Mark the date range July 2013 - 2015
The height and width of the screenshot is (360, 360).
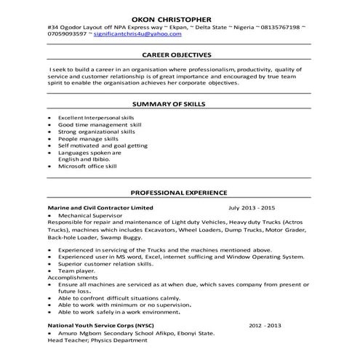[252, 208]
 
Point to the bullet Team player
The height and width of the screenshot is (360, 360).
[76, 271]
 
